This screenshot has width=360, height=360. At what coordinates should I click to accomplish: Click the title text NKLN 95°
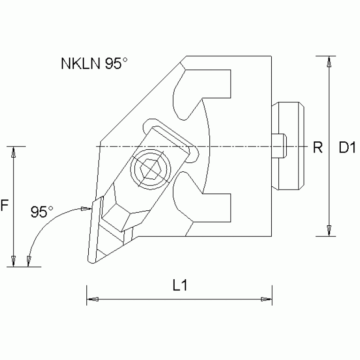point(94,64)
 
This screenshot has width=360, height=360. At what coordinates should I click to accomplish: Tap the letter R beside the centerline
point(318,148)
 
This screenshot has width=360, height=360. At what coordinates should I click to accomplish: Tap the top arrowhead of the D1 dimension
point(330,61)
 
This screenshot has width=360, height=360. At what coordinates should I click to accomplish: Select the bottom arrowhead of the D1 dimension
point(330,230)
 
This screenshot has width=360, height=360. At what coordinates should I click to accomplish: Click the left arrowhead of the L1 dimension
point(92,299)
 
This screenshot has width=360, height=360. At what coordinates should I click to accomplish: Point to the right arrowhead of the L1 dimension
point(266,299)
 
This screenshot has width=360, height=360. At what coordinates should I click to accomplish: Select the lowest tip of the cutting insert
point(90,260)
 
